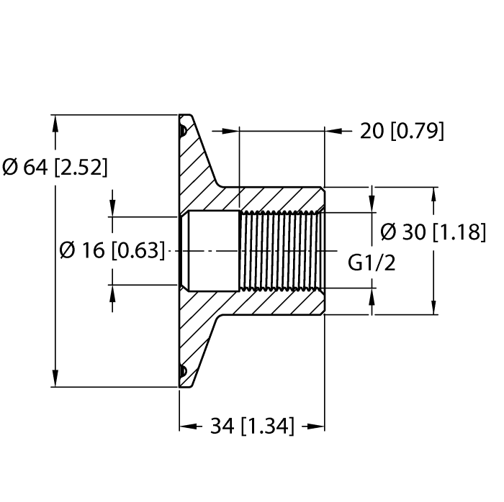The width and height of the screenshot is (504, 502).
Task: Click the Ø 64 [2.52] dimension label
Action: pyautogui.click(x=55, y=168)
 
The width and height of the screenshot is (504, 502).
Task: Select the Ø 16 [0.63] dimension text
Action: pyautogui.click(x=112, y=250)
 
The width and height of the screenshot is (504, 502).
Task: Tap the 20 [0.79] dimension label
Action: pyautogui.click(x=402, y=131)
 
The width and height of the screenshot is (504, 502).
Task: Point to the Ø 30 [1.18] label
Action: pyautogui.click(x=432, y=232)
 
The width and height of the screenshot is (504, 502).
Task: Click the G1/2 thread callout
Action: pyautogui.click(x=372, y=263)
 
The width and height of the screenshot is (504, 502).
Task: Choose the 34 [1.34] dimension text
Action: pyautogui.click(x=252, y=426)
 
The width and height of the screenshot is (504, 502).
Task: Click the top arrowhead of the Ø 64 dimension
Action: pyautogui.click(x=55, y=122)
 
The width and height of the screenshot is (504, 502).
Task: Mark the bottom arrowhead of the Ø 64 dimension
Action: pyautogui.click(x=55, y=378)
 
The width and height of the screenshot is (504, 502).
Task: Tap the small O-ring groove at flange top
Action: pyautogui.click(x=183, y=131)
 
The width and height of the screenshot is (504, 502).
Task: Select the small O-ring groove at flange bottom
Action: pyautogui.click(x=183, y=370)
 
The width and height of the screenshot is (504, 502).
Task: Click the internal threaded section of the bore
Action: pyautogui.click(x=281, y=250)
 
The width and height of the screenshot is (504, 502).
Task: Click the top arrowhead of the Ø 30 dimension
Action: pyautogui.click(x=434, y=196)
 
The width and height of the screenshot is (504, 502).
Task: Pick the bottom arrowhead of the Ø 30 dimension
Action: pyautogui.click(x=434, y=306)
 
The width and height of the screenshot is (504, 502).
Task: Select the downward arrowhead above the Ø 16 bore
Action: pyautogui.click(x=112, y=208)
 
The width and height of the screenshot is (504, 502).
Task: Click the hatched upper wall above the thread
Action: pyautogui.click(x=281, y=199)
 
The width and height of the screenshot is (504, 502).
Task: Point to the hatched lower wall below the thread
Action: pyautogui.click(x=281, y=302)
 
